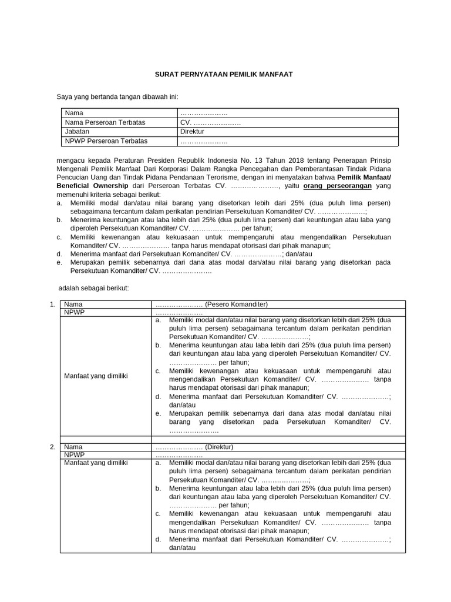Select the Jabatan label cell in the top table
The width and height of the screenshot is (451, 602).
77,132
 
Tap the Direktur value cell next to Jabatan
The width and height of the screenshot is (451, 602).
192,132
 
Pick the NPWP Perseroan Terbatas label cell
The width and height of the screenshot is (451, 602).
106,141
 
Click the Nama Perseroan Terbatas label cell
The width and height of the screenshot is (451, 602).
105,122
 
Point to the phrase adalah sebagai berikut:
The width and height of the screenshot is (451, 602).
93,288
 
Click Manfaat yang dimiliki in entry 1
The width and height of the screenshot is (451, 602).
96,375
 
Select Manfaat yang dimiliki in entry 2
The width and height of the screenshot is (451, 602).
96,463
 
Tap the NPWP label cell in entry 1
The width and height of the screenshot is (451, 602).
75,312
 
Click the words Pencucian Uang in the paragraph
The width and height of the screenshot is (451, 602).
79,177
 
